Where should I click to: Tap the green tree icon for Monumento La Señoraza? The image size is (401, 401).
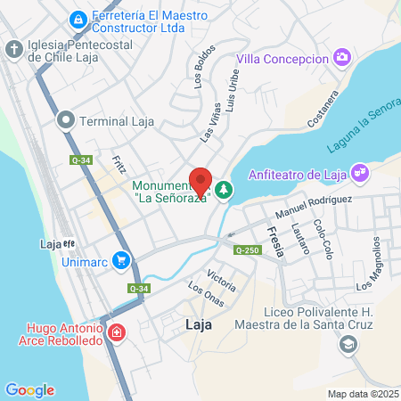(x=223, y=189)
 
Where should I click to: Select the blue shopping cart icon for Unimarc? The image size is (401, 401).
(x=122, y=262)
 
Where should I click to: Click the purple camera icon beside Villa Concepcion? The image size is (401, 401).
(x=342, y=58)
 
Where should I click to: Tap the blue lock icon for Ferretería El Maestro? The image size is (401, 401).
(x=78, y=19)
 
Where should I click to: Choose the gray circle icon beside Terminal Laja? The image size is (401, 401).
(x=65, y=120)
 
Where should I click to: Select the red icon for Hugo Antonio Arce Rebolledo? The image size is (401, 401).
(x=117, y=333)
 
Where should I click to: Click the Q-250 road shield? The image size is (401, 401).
(x=247, y=250)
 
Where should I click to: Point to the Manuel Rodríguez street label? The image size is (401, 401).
(x=314, y=209)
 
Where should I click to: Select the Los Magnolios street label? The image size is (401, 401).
(x=373, y=265)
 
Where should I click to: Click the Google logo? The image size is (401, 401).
(x=29, y=390)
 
